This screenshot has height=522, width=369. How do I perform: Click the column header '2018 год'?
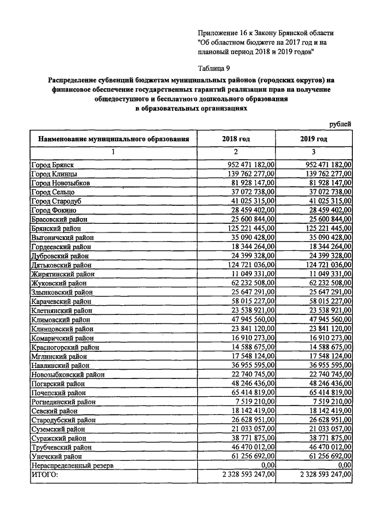(236, 139)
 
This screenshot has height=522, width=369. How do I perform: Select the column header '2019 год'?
(313, 139)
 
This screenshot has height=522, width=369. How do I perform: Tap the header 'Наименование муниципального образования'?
(113, 139)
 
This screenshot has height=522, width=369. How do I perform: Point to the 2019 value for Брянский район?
(326, 228)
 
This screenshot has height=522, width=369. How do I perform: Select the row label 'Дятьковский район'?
(59, 264)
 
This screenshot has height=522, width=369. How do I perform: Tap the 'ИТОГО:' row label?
(45, 474)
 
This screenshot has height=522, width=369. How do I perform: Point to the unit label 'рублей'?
(340, 123)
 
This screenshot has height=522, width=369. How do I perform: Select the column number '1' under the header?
(113, 152)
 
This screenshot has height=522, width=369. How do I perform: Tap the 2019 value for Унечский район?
(326, 455)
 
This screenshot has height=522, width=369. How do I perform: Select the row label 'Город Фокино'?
(52, 210)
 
